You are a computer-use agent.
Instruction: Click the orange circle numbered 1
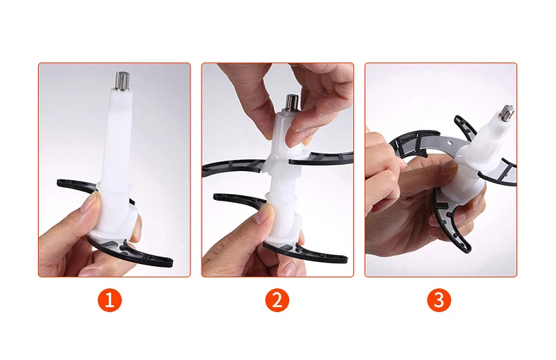tap(110, 300)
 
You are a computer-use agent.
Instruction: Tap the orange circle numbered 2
tap(277, 300)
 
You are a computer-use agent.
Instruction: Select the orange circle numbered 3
tap(439, 300)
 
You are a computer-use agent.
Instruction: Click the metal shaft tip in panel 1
tap(122, 81)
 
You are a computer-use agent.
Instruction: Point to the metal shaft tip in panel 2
tap(293, 103)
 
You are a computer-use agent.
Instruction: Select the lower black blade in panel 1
tap(131, 251)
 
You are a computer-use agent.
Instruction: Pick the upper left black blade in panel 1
tap(76, 185)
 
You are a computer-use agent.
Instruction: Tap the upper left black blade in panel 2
tap(232, 167)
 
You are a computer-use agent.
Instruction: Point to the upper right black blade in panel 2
tap(321, 158)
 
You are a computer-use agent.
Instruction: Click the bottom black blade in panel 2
tap(305, 252)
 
